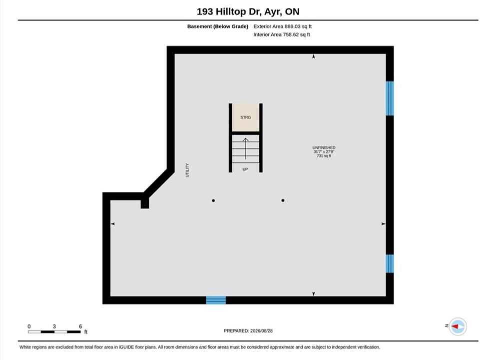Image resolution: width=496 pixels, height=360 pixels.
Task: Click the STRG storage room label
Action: [x=245, y=117]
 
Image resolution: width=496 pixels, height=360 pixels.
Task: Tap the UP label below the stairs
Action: [x=245, y=169]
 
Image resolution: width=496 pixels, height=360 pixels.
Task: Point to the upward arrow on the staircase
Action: [x=245, y=148]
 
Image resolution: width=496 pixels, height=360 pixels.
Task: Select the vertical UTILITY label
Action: [x=187, y=170]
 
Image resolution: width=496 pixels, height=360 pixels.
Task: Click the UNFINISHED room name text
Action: [x=324, y=147]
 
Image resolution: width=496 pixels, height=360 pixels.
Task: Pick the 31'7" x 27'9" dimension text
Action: [x=324, y=151]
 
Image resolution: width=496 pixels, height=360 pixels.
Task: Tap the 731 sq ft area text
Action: [x=324, y=156]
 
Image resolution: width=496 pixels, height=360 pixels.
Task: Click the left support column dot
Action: [x=213, y=200]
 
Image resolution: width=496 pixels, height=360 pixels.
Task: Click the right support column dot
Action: [x=283, y=200]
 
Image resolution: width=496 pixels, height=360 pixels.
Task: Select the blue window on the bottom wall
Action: [x=216, y=300]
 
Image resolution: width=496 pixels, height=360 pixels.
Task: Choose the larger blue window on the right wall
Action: [x=390, y=98]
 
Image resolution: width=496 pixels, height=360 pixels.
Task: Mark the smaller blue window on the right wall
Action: [x=390, y=263]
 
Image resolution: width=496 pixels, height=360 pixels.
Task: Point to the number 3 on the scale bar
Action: [x=54, y=326]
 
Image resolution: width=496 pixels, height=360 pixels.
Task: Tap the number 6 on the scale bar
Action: [x=80, y=326]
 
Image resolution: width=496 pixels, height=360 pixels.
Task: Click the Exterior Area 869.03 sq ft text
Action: [x=283, y=26]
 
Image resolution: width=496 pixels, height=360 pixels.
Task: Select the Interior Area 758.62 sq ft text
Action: [x=282, y=34]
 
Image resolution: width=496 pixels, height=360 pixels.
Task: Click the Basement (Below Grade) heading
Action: [x=218, y=26]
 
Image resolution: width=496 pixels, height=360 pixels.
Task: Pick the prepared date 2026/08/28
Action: [x=261, y=331]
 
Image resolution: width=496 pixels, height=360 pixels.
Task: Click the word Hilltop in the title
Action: [x=231, y=11]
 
